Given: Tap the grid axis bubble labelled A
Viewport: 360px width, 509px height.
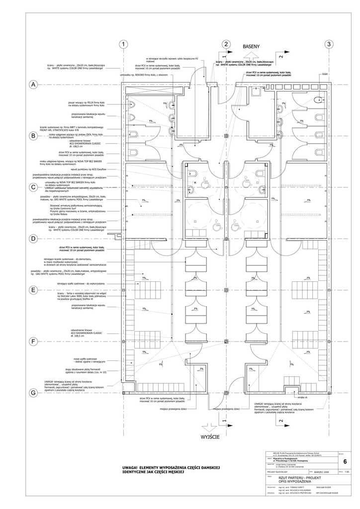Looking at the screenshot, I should (x=33, y=85).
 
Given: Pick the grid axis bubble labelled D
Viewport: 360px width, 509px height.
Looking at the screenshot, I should (x=33, y=239).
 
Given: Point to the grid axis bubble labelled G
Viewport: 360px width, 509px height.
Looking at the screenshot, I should (x=33, y=393).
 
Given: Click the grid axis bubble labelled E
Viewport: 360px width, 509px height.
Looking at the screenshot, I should (x=33, y=290).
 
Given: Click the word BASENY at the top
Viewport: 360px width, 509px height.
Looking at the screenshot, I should (x=252, y=46).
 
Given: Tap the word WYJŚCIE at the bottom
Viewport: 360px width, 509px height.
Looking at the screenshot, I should (x=211, y=437).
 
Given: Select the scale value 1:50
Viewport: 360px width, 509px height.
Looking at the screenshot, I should (x=346, y=471).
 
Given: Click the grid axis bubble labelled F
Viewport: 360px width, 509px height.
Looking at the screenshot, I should (x=33, y=342).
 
